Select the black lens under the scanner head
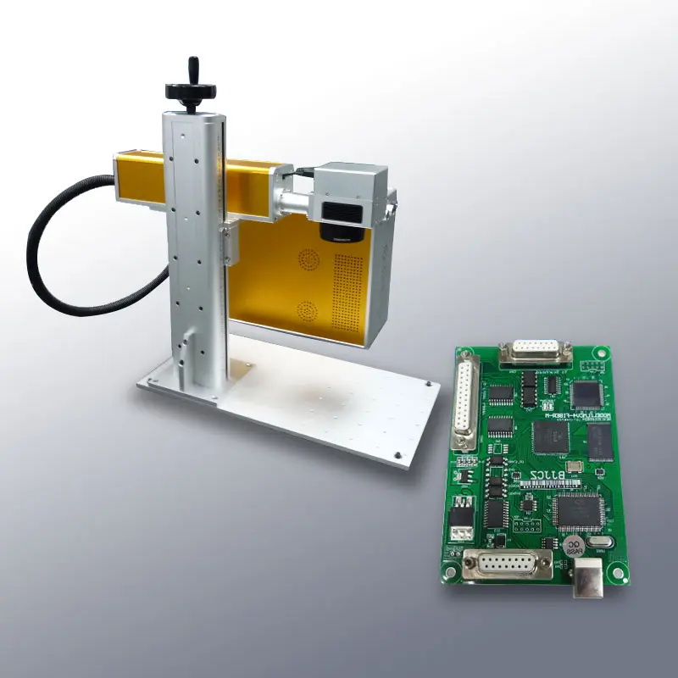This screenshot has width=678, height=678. pyautogui.click(x=344, y=231)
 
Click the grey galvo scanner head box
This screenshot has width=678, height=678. pyautogui.click(x=350, y=194)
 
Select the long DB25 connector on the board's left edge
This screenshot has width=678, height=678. pyautogui.click(x=465, y=402)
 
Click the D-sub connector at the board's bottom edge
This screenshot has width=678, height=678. pyautogui.click(x=508, y=564)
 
